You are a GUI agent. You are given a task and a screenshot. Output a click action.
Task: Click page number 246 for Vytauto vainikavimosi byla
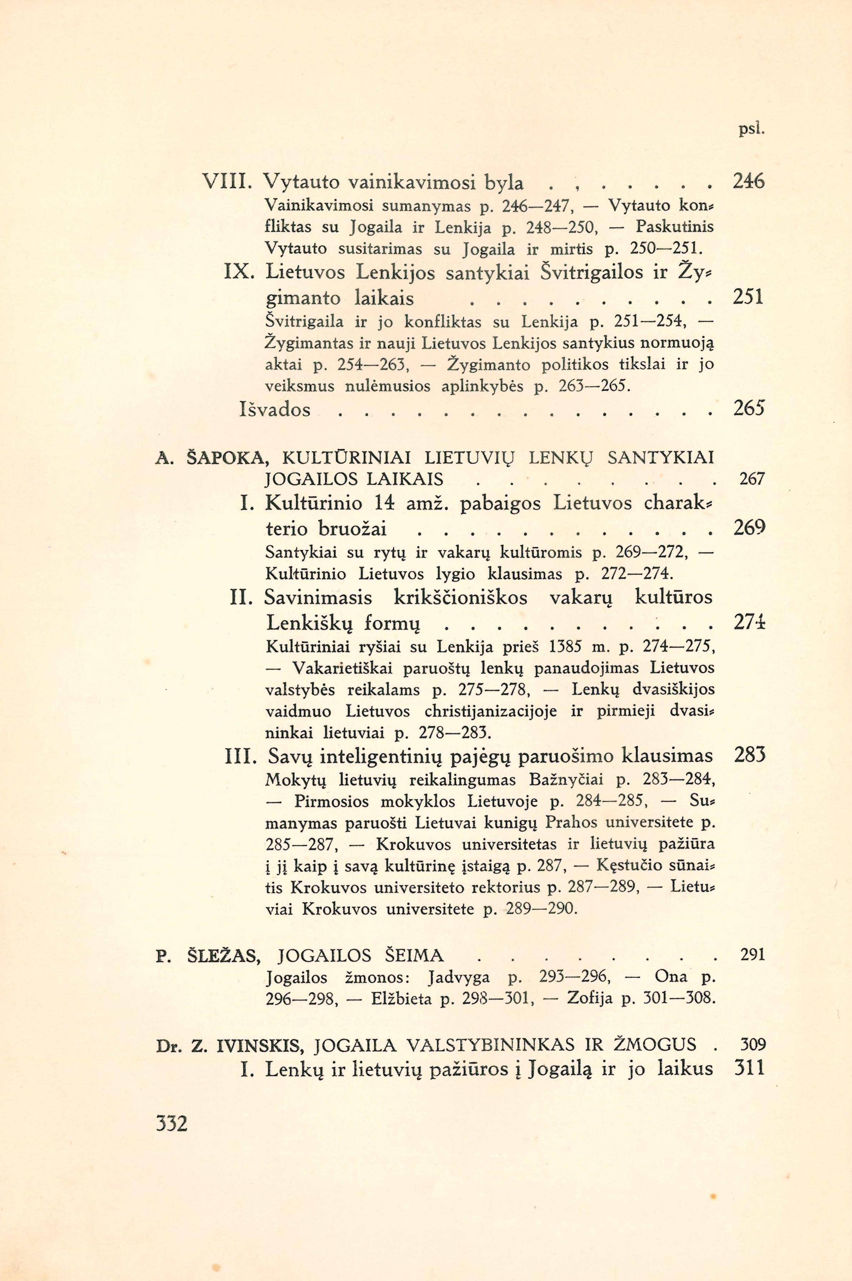(749, 182)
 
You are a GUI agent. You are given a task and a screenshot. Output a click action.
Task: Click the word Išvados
(275, 409)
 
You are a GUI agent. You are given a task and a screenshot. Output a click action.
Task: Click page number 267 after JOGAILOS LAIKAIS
(752, 479)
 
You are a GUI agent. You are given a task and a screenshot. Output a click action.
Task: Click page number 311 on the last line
(749, 1069)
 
